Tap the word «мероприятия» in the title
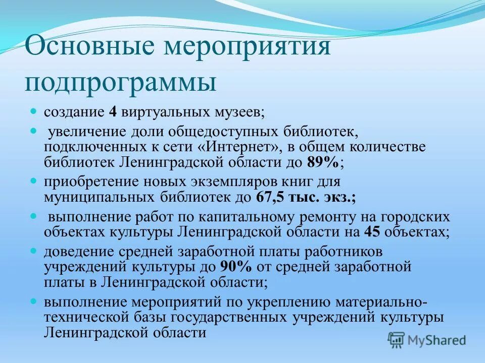click(246, 48)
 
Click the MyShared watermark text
click(438, 340)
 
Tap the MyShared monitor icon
click(397, 340)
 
